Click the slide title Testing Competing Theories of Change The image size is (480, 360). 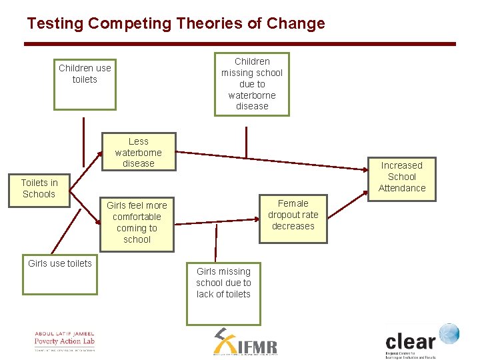176,24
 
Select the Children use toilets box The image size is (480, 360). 85,84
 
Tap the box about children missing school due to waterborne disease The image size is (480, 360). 252,84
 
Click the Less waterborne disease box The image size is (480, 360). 138,152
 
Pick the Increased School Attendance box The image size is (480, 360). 401,177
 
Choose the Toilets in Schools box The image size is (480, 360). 39,189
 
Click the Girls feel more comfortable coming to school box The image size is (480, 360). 137,223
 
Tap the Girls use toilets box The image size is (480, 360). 60,275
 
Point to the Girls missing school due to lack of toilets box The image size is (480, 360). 223,292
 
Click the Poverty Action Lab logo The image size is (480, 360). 65,341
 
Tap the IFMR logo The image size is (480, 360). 245,343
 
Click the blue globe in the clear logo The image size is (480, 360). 449,333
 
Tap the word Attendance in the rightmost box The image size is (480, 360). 401,188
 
